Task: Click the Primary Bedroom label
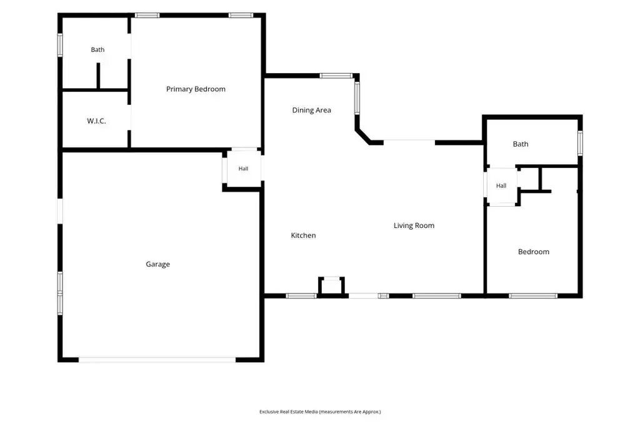coord(196,89)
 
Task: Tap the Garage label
coord(157,264)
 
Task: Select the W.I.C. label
coord(96,121)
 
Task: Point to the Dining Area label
coord(311,110)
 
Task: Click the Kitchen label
coord(303,235)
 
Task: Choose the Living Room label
coord(414,225)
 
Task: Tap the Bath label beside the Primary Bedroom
coord(97,49)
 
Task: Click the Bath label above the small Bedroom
coord(521,144)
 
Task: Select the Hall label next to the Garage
coord(243,168)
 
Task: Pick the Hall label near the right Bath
coord(501,186)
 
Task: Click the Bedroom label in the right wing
coord(534,252)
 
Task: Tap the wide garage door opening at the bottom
coord(157,360)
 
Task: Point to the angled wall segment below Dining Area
coord(363,137)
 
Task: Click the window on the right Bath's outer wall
coord(580,143)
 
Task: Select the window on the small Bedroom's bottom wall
coord(533,296)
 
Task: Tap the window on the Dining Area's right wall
coord(357,98)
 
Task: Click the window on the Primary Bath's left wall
coord(60,45)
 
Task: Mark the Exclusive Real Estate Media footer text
coord(320,412)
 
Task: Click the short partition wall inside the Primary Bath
coord(98,76)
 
